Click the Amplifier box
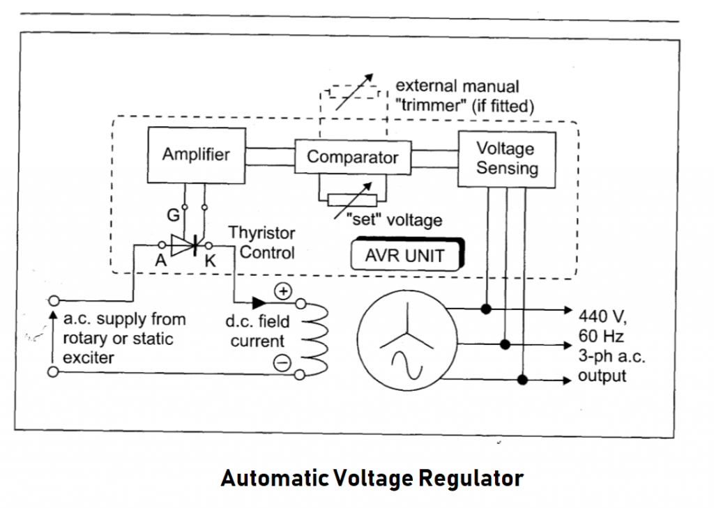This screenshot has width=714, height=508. click(195, 155)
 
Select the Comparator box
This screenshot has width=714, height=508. click(352, 157)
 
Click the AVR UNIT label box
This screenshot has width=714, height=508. click(404, 256)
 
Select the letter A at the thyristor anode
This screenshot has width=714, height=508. click(160, 262)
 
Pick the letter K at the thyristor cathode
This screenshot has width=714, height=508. click(209, 263)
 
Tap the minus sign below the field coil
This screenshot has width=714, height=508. click(281, 362)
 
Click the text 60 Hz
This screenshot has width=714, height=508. click(600, 337)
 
